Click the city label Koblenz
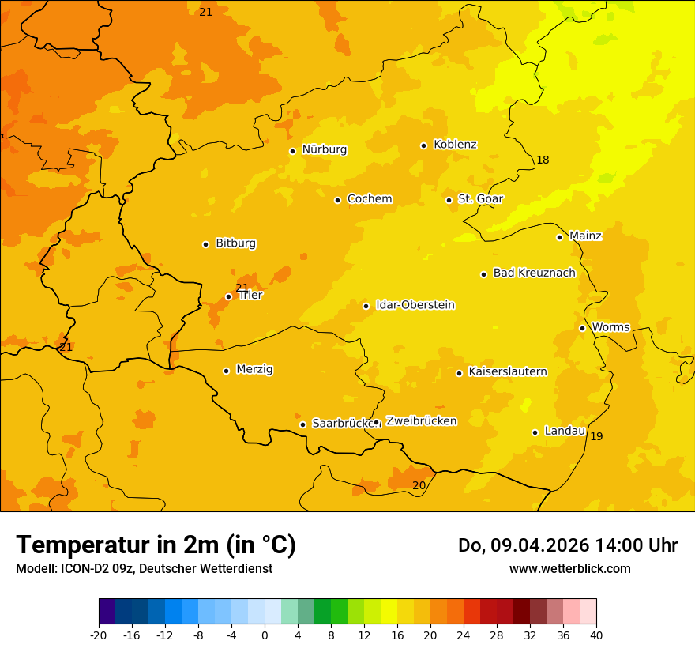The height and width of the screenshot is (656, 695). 455,145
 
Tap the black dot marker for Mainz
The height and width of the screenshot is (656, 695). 559,237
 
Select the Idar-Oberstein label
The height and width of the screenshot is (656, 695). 415,305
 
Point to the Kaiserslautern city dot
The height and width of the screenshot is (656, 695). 459,373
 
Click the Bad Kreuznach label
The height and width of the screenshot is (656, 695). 534,273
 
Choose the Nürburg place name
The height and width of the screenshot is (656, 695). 324,149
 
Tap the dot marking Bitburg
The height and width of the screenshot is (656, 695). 205,244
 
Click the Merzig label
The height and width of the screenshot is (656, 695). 254,369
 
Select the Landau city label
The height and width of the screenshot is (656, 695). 565,431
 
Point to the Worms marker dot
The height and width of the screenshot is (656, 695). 582,328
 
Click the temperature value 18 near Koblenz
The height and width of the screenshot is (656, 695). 543,160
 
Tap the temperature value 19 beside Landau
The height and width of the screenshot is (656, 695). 596,437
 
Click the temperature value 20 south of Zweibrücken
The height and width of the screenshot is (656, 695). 419,485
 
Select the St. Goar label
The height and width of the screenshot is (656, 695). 480,199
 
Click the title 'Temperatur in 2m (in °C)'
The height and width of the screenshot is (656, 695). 156,545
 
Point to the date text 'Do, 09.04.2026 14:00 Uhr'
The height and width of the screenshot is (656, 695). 567,545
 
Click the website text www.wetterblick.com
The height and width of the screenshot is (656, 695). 569,569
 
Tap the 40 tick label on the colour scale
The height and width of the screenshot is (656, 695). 595,635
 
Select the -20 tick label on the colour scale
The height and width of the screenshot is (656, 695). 99,635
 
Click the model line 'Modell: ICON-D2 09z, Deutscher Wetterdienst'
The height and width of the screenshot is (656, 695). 144,569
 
